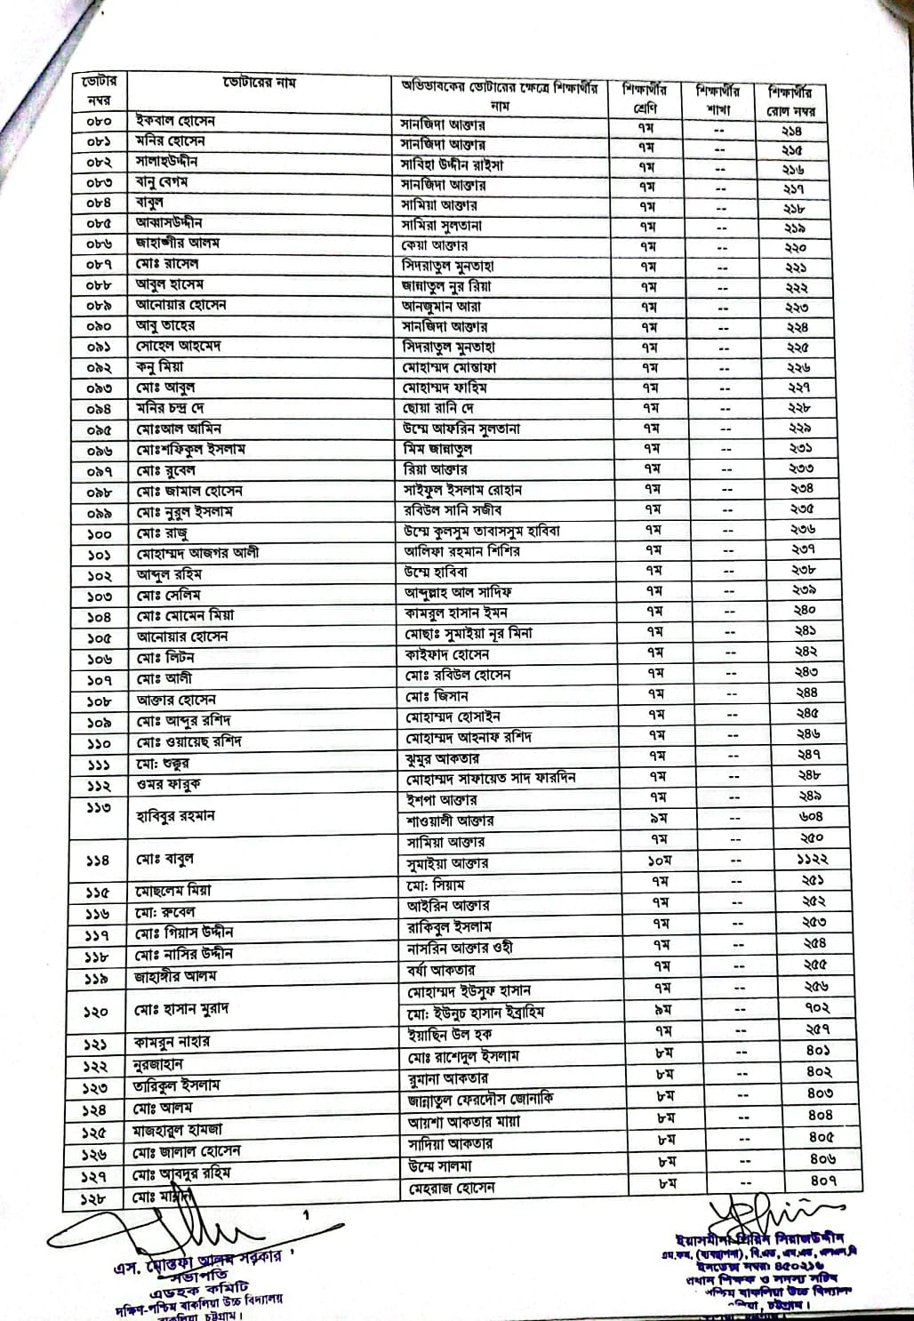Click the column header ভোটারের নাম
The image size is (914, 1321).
[259, 84]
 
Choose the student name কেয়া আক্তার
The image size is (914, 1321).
[435, 245]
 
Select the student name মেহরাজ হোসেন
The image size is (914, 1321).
[451, 1188]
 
